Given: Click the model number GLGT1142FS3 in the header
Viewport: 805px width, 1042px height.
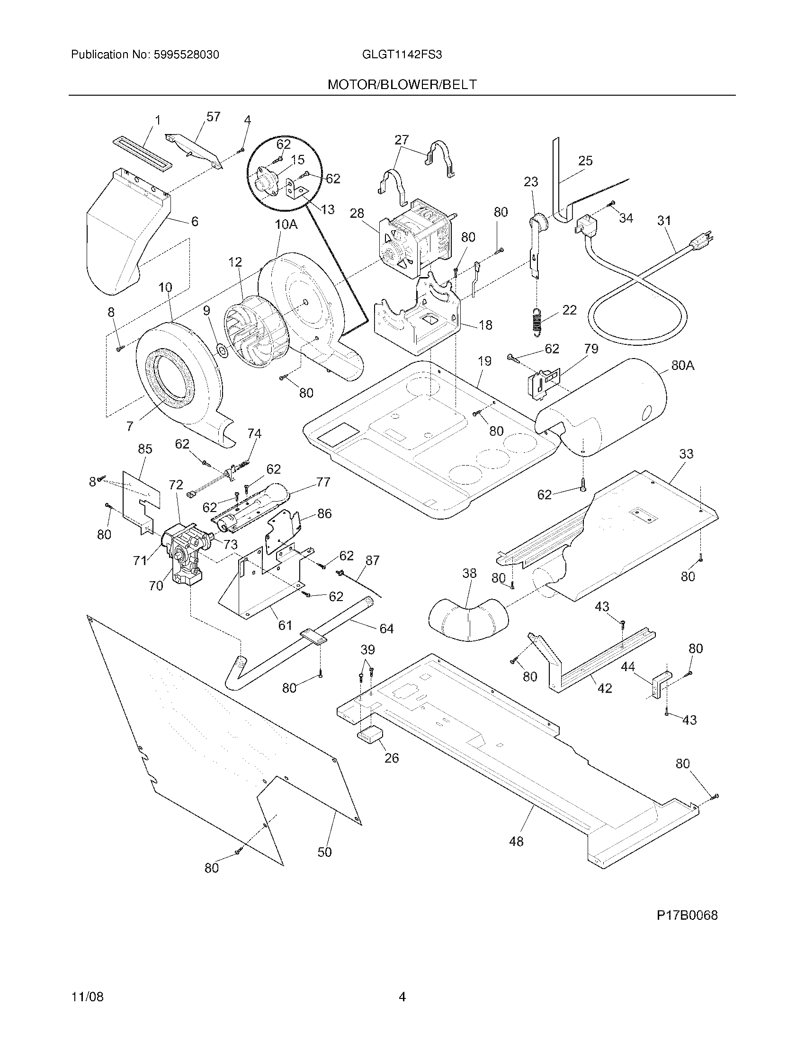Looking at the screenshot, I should [402, 55].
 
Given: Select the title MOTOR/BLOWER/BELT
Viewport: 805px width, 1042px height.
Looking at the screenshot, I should [402, 85].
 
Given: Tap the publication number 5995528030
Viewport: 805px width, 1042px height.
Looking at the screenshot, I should [186, 55].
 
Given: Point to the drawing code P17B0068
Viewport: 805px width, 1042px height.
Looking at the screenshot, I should [687, 915].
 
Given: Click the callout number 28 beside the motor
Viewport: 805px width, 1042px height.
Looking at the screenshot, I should [357, 213].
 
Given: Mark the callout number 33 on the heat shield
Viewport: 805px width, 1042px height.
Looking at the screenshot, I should [686, 454].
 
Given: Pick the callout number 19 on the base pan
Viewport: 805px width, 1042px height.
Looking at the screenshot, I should [484, 361].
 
